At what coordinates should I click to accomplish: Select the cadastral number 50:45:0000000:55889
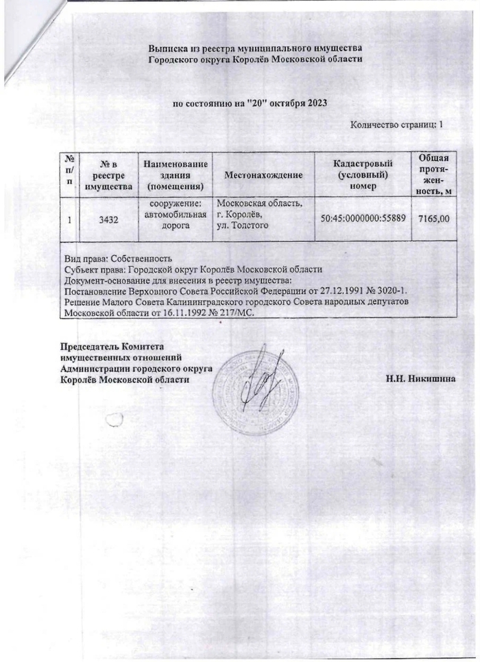pyautogui.click(x=362, y=219)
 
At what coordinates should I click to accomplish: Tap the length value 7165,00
pyautogui.click(x=433, y=219)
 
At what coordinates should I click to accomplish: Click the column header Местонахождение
pyautogui.click(x=263, y=175)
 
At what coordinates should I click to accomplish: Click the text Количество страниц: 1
pyautogui.click(x=396, y=125)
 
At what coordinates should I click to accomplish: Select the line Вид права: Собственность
pyautogui.click(x=117, y=259)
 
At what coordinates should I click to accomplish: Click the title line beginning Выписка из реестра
pyautogui.click(x=255, y=47)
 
